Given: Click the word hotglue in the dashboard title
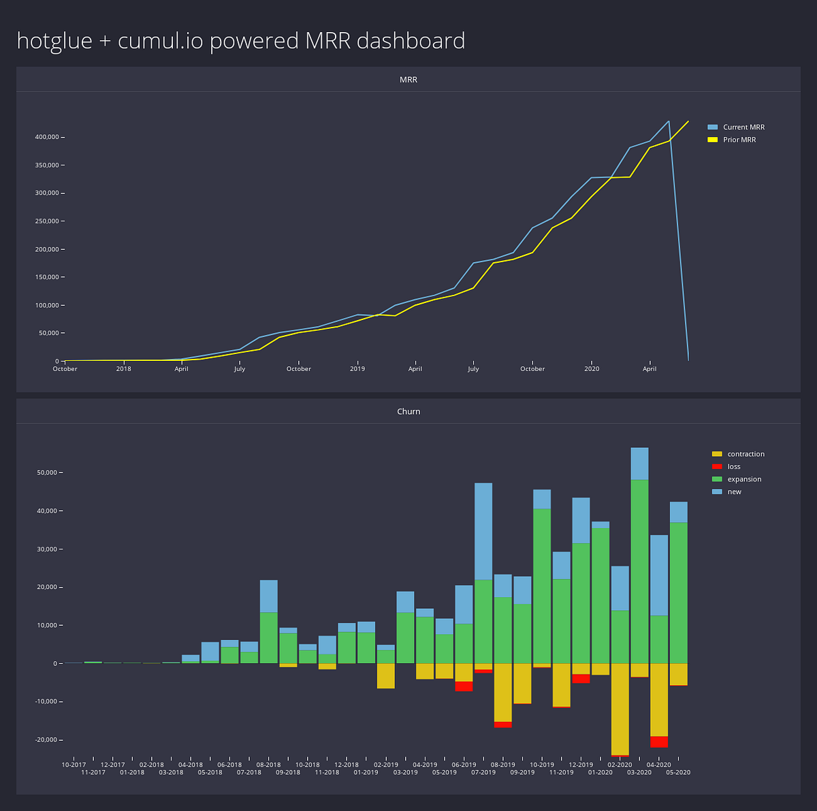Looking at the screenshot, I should pyautogui.click(x=54, y=41).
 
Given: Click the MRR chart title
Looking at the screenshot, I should pyautogui.click(x=408, y=80).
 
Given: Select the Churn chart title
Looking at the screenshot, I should pyautogui.click(x=408, y=411).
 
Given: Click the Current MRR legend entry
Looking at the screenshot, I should pyautogui.click(x=743, y=127).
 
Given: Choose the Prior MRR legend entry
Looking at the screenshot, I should pyautogui.click(x=739, y=140).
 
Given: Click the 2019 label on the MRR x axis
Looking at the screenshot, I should pyautogui.click(x=357, y=369).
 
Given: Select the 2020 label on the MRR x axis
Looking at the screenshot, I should pyautogui.click(x=592, y=369).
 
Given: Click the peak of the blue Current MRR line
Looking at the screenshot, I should pyautogui.click(x=669, y=122).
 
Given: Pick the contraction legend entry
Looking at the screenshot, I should pyautogui.click(x=745, y=454).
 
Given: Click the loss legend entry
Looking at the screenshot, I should pyautogui.click(x=733, y=466).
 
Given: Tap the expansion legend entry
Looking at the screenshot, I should pyautogui.click(x=743, y=479).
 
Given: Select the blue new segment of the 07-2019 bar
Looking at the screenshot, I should pyautogui.click(x=483, y=531).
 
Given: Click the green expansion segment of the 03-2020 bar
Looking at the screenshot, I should pyautogui.click(x=639, y=572).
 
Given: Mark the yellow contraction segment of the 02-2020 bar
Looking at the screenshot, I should pyautogui.click(x=620, y=708).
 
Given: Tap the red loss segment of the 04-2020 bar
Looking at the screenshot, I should pyautogui.click(x=659, y=742).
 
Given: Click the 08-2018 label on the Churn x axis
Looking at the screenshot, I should pyautogui.click(x=269, y=765).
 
